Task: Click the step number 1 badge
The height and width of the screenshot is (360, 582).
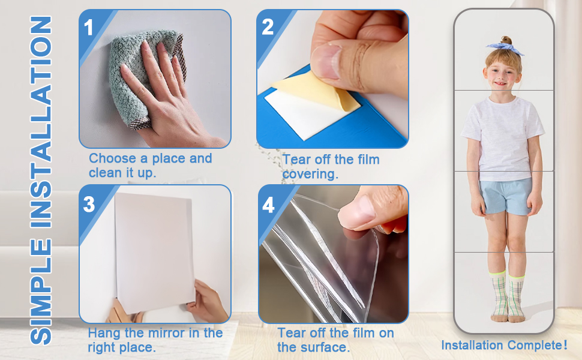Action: click(88, 28)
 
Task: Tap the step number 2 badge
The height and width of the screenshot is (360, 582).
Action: click(267, 27)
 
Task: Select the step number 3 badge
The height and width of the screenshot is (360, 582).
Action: click(89, 204)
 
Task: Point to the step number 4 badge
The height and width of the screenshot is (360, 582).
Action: click(268, 205)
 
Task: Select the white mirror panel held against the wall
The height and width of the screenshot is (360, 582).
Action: click(154, 253)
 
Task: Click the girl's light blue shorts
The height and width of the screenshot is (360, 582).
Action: click(506, 196)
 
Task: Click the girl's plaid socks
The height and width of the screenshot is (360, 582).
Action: click(508, 295)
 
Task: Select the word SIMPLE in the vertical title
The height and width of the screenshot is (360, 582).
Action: click(41, 292)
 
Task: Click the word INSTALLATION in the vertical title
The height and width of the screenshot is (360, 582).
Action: click(41, 122)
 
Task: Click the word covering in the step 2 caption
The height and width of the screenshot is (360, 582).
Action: click(310, 174)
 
